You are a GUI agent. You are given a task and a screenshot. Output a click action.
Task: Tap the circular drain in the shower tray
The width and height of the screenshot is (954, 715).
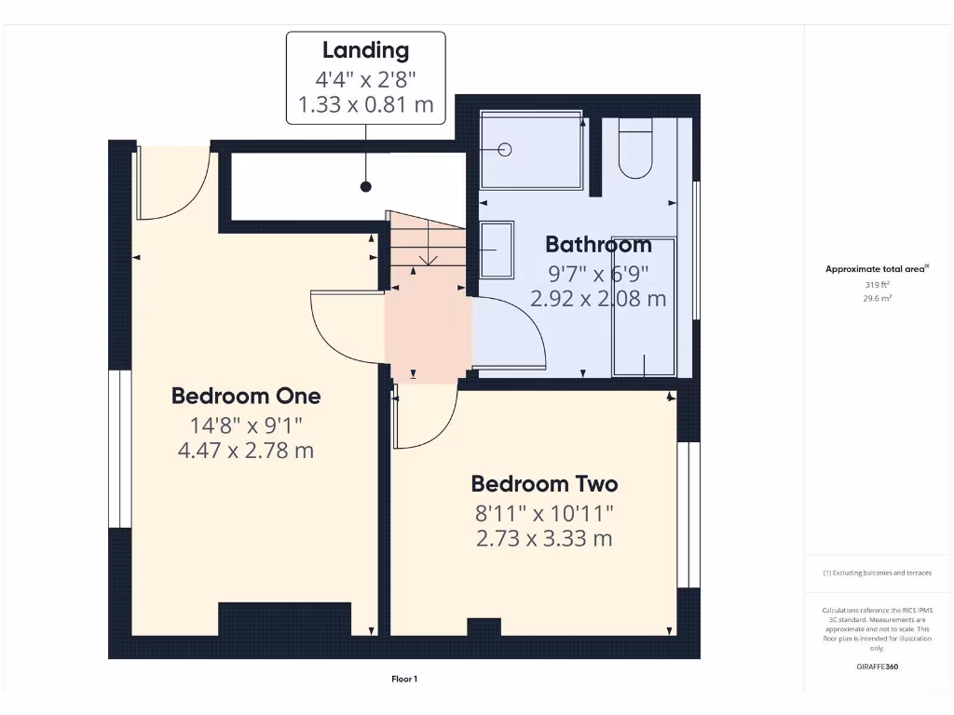tap(506, 150)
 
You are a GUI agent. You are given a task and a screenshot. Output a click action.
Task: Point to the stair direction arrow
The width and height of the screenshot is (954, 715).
tap(427, 253)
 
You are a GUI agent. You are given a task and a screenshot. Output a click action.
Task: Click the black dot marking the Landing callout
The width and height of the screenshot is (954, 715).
tap(366, 187)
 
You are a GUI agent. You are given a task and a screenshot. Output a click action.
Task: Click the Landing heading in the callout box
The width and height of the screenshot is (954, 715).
tap(365, 50)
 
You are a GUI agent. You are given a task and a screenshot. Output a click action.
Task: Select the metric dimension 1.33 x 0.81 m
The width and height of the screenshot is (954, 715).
tap(365, 105)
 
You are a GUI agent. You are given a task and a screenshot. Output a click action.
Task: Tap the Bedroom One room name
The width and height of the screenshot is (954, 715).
tap(246, 396)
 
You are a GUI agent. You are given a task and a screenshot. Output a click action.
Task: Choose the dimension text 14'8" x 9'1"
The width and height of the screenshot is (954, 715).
tap(246, 425)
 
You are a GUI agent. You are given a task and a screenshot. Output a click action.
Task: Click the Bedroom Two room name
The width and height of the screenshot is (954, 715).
tap(544, 484)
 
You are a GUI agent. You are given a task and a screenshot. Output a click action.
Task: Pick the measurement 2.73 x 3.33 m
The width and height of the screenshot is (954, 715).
tap(544, 538)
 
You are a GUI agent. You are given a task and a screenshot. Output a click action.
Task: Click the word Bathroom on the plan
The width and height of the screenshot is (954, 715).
tap(598, 245)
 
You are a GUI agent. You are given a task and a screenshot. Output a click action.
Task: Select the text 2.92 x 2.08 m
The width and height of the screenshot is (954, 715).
tap(598, 299)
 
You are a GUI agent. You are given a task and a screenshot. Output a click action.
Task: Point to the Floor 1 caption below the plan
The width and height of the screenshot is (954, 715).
tap(404, 679)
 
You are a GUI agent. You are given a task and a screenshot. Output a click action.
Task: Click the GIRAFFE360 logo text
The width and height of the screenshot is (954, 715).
tap(877, 667)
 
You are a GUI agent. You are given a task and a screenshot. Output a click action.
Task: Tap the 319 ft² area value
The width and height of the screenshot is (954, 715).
tap(877, 285)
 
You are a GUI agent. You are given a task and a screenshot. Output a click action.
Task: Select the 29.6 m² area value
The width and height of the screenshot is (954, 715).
tap(877, 299)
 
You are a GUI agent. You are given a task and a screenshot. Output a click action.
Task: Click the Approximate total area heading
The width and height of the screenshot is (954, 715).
tap(877, 269)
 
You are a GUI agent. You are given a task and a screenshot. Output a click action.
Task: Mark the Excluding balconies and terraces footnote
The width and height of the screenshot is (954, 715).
tap(877, 573)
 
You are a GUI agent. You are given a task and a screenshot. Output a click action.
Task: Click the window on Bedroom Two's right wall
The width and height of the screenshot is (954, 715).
tap(688, 514)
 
